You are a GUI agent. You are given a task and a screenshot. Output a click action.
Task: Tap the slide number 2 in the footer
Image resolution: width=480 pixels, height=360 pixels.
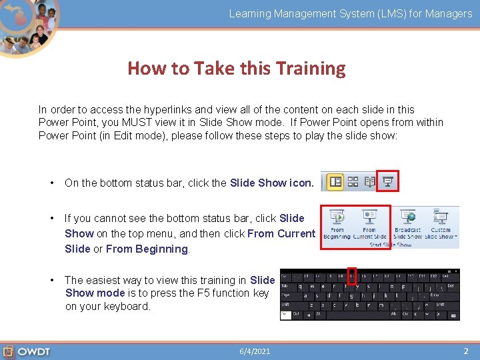466,351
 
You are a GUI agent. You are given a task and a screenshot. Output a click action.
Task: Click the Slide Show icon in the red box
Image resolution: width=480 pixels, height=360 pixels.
387,181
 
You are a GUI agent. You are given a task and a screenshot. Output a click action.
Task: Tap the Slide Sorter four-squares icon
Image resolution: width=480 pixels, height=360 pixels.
353,181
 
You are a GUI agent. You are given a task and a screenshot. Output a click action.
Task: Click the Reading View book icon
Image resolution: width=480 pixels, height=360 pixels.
370,181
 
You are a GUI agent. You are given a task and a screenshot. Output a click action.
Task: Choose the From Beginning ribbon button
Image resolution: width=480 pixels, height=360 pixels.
337,224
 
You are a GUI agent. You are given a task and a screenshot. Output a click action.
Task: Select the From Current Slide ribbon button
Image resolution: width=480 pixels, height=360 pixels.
369,224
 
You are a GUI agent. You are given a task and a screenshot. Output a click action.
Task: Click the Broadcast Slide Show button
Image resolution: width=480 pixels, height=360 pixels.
407,224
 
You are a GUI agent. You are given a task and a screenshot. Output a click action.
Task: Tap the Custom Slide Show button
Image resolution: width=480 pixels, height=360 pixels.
441,224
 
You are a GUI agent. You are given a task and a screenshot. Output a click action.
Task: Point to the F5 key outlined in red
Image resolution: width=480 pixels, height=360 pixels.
352,275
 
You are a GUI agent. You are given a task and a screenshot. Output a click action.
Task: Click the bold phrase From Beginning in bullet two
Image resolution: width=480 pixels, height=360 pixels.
147,249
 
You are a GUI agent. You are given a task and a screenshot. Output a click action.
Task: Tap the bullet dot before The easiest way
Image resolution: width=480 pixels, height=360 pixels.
51,280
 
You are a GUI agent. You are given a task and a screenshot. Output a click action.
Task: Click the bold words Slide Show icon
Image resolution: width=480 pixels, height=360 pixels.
271,183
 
